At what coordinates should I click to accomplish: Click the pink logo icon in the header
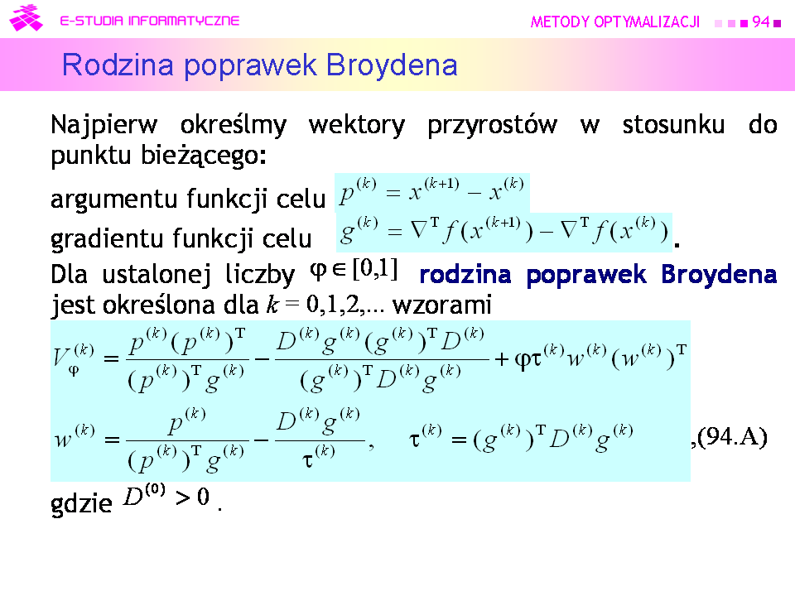pyautogui.click(x=26, y=17)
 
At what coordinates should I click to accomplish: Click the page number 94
pyautogui.click(x=760, y=22)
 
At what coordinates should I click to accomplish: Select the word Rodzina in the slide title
pyautogui.click(x=118, y=65)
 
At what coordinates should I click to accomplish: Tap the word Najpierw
pyautogui.click(x=104, y=125)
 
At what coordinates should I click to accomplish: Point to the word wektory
pyautogui.click(x=357, y=125)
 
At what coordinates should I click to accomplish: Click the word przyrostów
pyautogui.click(x=492, y=125)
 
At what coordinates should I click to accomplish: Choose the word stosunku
pyautogui.click(x=674, y=125)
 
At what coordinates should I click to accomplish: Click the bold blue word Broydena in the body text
pyautogui.click(x=719, y=275)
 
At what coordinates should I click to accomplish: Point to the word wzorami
pyautogui.click(x=442, y=305)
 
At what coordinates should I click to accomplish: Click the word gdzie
pyautogui.click(x=81, y=503)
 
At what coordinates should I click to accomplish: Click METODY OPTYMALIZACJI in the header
pyautogui.click(x=615, y=22)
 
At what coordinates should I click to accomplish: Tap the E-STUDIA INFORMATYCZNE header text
pyautogui.click(x=150, y=21)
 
